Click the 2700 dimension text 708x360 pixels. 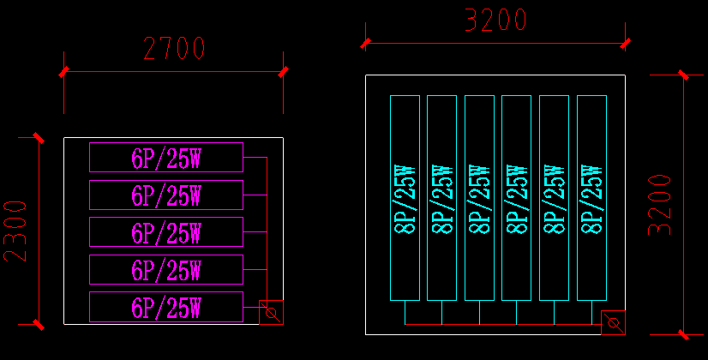[174, 49]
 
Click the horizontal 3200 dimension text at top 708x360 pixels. [495, 20]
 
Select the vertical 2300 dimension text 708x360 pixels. [16, 231]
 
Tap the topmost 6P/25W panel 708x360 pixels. [165, 158]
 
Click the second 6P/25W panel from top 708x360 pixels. [165, 195]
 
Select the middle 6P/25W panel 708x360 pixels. [165, 232]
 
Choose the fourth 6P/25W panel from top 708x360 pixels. [165, 269]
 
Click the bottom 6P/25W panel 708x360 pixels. [165, 307]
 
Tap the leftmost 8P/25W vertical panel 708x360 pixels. [405, 198]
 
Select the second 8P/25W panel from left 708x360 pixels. [441, 198]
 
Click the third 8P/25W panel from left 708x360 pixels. [479, 198]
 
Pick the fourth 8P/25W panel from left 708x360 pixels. [516, 198]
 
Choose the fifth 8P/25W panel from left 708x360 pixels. [554, 198]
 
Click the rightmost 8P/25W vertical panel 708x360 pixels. [591, 198]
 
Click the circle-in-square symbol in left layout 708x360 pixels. [271, 313]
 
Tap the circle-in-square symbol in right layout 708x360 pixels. [613, 323]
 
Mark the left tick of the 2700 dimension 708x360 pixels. [64, 72]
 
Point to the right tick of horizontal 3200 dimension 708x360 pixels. [625, 43]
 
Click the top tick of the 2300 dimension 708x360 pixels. [39, 138]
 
